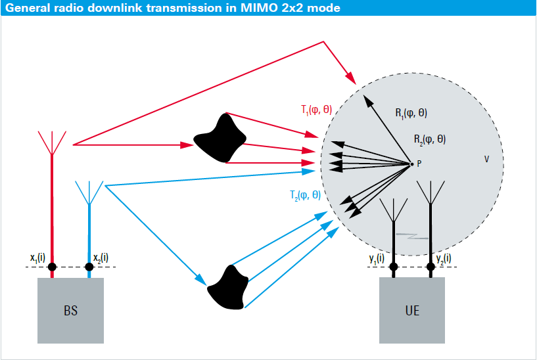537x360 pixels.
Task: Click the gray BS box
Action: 70,310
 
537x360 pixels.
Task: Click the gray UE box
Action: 412,310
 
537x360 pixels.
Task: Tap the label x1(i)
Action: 37,258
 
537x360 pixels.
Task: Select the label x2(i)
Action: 101,258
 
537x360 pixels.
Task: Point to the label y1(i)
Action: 377,258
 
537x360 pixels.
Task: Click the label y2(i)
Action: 444,258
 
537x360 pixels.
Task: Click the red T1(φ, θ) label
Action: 316,110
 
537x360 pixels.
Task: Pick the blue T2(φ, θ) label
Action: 305,195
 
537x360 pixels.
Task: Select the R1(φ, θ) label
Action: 411,113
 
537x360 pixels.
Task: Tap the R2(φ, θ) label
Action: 430,139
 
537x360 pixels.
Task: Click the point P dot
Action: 411,164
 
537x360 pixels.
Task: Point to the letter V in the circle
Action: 486,159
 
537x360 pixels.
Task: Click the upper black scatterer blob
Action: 220,138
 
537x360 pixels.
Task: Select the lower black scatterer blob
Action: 227,288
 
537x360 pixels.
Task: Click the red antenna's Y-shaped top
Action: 52,143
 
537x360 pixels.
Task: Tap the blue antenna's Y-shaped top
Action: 89,192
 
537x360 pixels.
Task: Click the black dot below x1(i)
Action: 52,267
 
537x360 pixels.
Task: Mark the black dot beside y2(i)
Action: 431,267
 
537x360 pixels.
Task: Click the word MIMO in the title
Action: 259,8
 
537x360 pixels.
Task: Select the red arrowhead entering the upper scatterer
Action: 187,145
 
